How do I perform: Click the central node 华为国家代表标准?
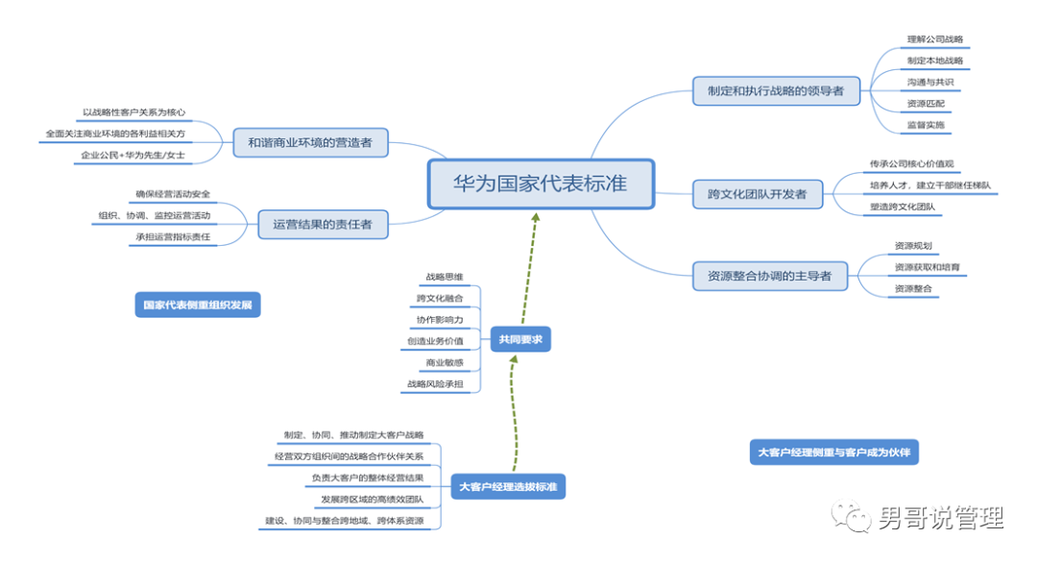[x=541, y=184]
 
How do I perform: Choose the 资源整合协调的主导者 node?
[x=769, y=277]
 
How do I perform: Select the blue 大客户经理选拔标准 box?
[x=509, y=487]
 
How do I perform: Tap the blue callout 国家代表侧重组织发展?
[x=198, y=306]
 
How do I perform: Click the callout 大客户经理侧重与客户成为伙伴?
[x=832, y=452]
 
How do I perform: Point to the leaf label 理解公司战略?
[x=934, y=40]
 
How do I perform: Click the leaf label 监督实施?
[x=926, y=125]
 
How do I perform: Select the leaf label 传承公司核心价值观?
[x=910, y=164]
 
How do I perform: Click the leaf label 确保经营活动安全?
[x=173, y=194]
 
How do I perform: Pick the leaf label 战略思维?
[x=444, y=278]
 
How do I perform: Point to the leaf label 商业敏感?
[x=445, y=362]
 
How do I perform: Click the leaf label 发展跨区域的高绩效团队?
[x=372, y=499]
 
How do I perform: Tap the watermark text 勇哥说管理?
[x=939, y=519]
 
